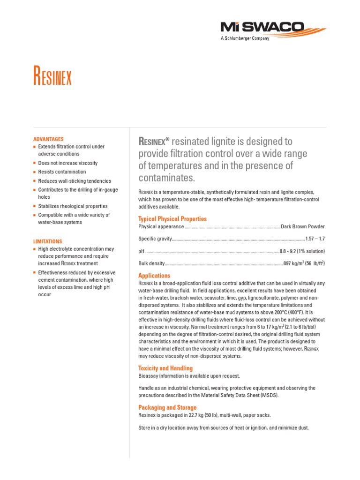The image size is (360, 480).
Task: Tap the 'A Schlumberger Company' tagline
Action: pyautogui.click(x=245, y=38)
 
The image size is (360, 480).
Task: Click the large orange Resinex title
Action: pyautogui.click(x=52, y=76)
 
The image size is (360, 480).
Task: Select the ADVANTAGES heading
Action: pyautogui.click(x=48, y=139)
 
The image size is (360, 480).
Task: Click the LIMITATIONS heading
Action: pyautogui.click(x=48, y=241)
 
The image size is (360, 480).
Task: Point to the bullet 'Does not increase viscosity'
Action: pyautogui.click(x=68, y=163)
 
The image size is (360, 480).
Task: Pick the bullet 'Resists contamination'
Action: pyautogui.click(x=62, y=172)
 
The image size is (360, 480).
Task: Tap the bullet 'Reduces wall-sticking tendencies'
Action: pyautogui.click(x=75, y=181)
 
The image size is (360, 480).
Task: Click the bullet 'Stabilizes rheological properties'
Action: pyautogui.click(x=73, y=206)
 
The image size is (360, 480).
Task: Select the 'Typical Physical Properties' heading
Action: pyautogui.click(x=172, y=219)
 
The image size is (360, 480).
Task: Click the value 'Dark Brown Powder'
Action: pyautogui.click(x=302, y=227)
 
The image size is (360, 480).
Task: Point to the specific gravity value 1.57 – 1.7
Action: pyautogui.click(x=315, y=239)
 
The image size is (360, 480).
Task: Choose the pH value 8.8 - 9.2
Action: pyautogui.click(x=291, y=251)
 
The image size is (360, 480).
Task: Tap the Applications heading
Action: pyautogui.click(x=154, y=276)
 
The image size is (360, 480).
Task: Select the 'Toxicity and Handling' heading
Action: pyautogui.click(x=165, y=368)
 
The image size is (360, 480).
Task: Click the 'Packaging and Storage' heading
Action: pyautogui.click(x=167, y=408)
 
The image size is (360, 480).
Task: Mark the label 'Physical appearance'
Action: pyautogui.click(x=161, y=227)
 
